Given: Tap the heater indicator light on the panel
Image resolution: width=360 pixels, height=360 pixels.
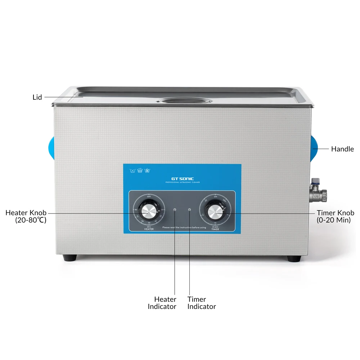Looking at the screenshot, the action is [175, 210].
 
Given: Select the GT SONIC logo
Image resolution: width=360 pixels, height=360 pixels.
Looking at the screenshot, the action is [182, 179].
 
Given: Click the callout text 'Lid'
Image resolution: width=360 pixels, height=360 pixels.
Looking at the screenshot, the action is [37, 97].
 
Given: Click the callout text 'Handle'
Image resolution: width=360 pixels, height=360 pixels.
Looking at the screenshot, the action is [342, 149].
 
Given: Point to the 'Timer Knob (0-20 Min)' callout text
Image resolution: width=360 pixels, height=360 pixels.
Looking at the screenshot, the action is [335, 216].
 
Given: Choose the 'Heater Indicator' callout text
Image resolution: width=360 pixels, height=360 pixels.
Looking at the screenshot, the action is [162, 303].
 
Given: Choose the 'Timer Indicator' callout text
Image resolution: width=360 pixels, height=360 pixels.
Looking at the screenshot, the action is [202, 303].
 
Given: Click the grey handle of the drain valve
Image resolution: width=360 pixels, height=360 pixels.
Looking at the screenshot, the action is [315, 180].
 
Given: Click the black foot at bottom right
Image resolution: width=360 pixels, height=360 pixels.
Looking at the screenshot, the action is [294, 258].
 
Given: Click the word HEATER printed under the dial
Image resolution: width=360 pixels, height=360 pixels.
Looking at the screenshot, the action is [149, 229].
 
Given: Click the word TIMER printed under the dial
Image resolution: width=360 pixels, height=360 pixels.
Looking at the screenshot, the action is [215, 229].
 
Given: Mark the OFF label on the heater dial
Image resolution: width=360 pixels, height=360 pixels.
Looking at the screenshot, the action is [149, 196].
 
